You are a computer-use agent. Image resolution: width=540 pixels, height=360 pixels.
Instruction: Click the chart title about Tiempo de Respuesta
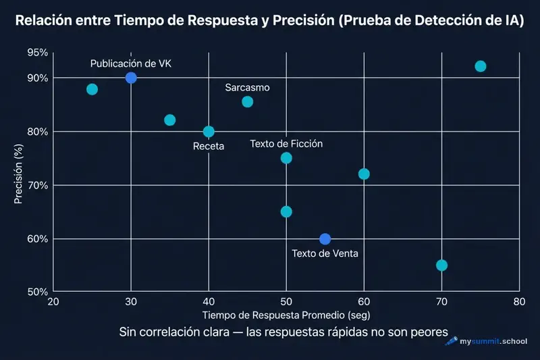pos(270,21)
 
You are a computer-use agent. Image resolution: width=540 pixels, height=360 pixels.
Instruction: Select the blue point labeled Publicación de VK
pos(131,78)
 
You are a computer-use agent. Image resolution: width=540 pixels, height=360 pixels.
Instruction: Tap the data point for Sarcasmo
pos(247,102)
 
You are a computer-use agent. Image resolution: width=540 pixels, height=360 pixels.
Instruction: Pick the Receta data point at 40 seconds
pos(209,131)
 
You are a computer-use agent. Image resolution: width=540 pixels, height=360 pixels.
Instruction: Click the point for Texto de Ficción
pos(286,158)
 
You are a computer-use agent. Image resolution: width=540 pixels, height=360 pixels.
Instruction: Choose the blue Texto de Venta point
pos(325,239)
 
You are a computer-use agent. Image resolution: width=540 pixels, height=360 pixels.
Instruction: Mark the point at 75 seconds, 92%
pos(480,66)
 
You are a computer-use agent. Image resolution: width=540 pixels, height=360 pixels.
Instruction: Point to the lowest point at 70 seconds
pos(441,265)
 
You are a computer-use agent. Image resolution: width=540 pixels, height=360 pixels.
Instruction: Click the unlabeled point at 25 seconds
pos(92,89)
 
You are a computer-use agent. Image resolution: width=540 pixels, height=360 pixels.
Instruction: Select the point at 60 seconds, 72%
pos(364,174)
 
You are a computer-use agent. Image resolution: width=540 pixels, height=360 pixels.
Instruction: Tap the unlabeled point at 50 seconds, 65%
pos(286,211)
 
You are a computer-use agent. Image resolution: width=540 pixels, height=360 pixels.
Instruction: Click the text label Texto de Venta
pos(325,254)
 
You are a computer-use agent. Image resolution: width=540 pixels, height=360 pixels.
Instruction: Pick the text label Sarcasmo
pos(247,88)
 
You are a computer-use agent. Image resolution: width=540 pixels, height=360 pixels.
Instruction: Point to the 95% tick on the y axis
pos(38,53)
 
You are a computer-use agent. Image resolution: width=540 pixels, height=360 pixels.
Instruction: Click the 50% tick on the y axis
pos(38,292)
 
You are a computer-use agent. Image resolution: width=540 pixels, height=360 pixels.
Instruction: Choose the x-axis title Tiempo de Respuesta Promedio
pos(286,315)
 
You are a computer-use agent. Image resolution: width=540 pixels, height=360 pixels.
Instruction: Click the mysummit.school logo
pos(486,342)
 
